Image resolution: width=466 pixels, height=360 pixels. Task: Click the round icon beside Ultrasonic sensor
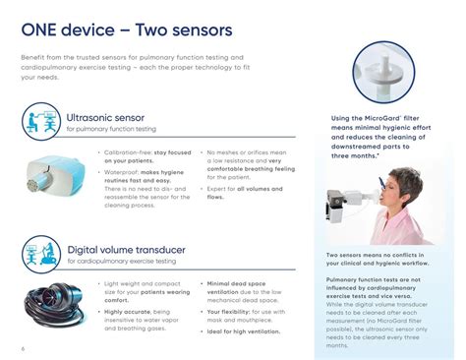point(42,122)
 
